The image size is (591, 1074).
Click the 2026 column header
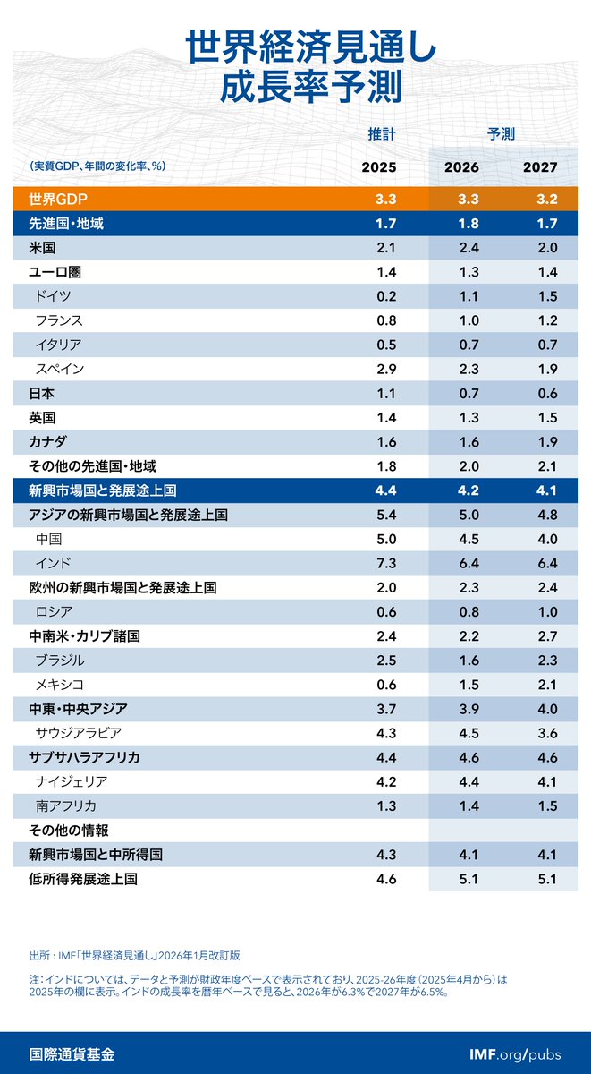461,167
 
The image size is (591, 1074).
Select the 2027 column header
540,167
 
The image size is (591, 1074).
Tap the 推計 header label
382,134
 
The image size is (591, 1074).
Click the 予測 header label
501,134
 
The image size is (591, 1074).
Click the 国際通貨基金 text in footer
72,1053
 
